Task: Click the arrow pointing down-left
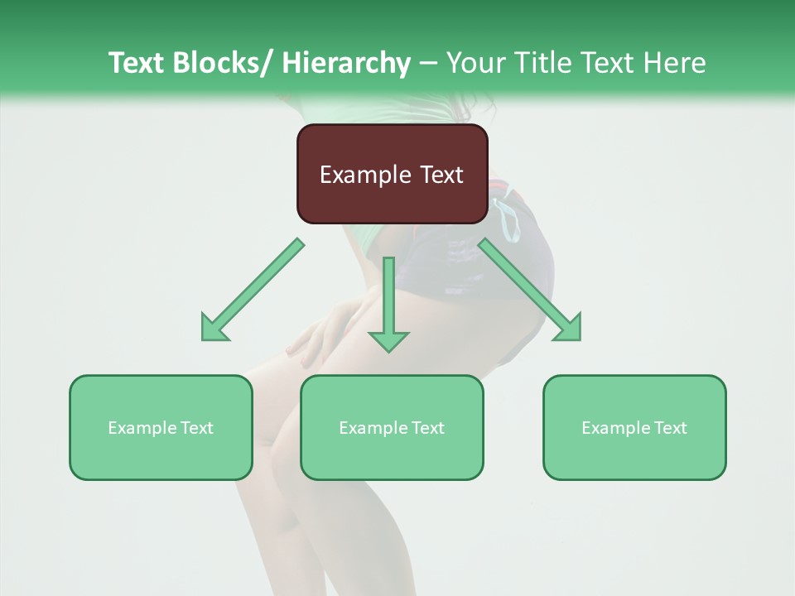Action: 253,290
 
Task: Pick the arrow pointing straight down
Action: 388,302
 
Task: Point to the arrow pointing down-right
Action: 530,290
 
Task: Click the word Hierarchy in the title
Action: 345,63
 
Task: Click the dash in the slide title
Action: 427,64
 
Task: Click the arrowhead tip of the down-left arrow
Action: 204,339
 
